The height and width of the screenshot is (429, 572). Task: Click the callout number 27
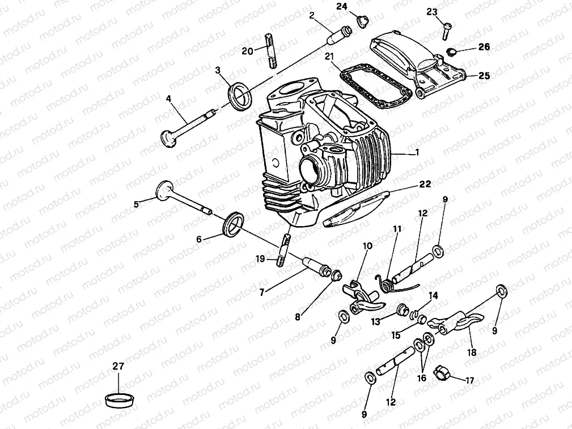tap(118, 367)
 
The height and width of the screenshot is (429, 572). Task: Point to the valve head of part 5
tap(164, 190)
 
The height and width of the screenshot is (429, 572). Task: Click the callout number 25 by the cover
tap(484, 75)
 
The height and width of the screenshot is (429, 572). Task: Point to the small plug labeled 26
tap(452, 53)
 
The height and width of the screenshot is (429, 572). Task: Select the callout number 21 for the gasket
tap(329, 56)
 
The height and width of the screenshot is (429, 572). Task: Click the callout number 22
tap(425, 184)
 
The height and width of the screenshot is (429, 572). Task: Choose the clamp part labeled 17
tap(442, 373)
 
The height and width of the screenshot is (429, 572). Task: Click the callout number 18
tap(472, 352)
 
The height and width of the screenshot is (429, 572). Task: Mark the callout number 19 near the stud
tap(260, 259)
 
